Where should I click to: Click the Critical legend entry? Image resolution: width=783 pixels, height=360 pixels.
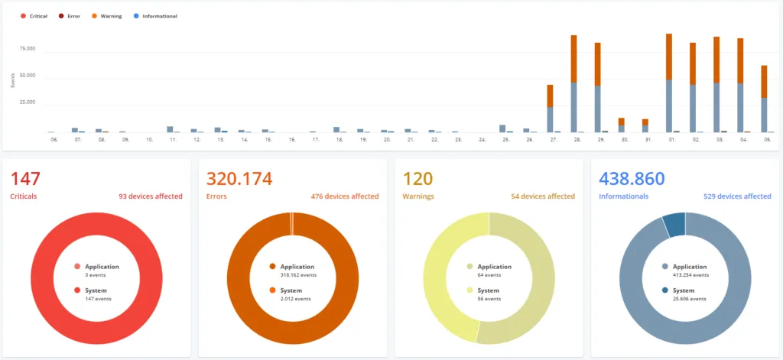34,16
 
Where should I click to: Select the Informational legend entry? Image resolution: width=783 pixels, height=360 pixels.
155,16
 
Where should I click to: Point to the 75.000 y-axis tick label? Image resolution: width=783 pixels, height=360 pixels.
27,48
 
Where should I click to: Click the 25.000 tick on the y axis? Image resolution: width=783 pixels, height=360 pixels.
27,102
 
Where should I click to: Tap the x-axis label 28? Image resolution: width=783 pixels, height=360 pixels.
577,141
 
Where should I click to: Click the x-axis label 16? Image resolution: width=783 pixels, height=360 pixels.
292,141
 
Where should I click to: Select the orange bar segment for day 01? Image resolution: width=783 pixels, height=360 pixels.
668,57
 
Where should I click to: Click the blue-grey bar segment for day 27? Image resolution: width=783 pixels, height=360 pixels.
550,120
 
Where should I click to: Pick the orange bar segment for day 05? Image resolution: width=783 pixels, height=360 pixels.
764,81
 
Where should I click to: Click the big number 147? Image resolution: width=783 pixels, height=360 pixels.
25,179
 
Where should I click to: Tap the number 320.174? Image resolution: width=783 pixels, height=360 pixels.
239,179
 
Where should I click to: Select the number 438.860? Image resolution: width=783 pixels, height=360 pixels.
632,179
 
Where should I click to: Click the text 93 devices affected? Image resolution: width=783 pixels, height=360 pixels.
151,196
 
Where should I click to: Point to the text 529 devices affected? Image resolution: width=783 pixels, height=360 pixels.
737,196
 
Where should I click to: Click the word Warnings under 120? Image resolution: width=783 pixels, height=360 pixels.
418,196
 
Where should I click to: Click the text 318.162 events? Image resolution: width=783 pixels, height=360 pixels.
298,275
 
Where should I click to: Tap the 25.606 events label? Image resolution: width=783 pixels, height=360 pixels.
689,299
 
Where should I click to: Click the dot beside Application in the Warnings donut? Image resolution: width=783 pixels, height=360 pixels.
470,267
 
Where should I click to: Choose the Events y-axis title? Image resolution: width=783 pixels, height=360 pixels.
13,79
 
